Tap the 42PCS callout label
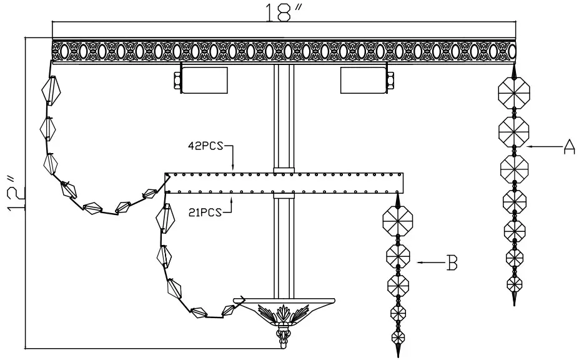tap(206, 148)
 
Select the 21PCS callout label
tap(205, 213)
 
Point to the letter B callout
tap(451, 263)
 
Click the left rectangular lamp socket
tap(204, 79)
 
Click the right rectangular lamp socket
tap(363, 79)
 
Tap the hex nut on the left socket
tap(177, 79)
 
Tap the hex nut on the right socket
tap(390, 79)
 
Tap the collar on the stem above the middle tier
tap(283, 169)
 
